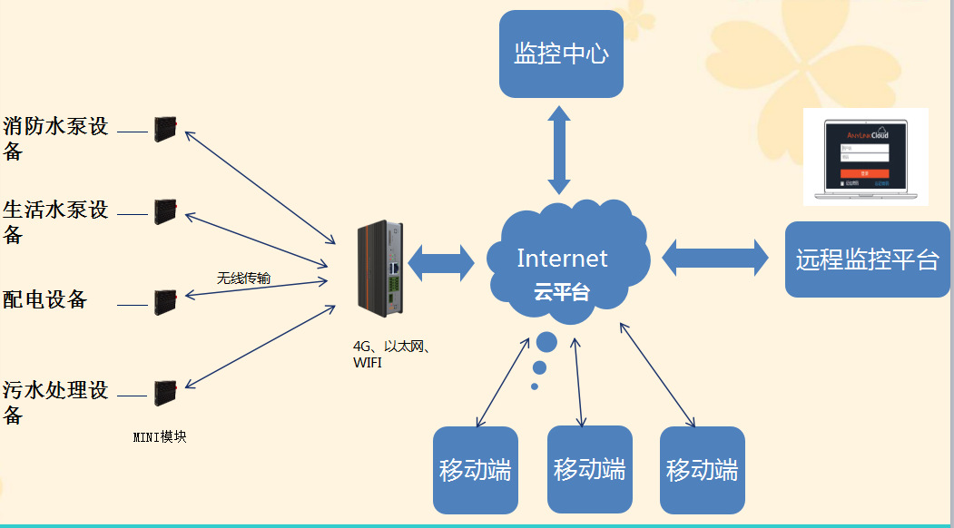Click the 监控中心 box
[561, 54]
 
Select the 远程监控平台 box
[866, 259]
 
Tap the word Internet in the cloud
[562, 259]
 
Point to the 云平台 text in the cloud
[561, 292]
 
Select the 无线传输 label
[243, 279]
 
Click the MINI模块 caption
[160, 437]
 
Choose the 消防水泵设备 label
[56, 138]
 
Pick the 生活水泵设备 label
[56, 221]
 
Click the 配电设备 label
[45, 299]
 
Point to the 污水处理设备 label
[56, 402]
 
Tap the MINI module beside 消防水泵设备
[164, 129]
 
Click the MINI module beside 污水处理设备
[164, 393]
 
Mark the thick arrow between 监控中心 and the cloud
[559, 149]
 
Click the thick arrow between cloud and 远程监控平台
[714, 258]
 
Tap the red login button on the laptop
[863, 172]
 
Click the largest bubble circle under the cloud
[546, 342]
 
